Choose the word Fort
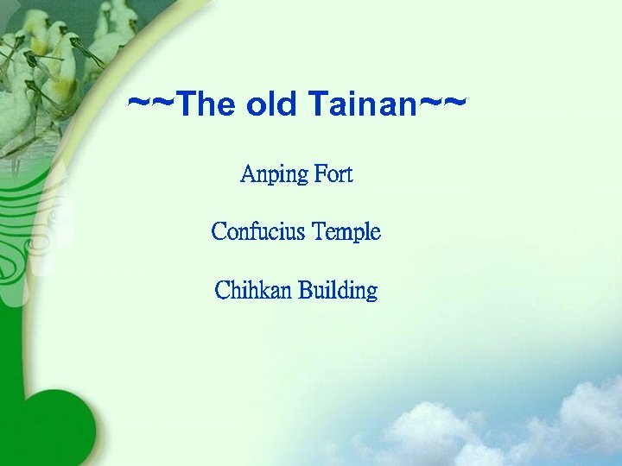[333, 174]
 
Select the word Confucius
[258, 232]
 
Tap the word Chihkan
[253, 291]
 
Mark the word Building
[338, 291]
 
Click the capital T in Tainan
[319, 105]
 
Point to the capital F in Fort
[320, 174]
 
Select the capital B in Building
[305, 291]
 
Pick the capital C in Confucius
[219, 232]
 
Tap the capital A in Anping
[247, 174]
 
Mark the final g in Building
[371, 293]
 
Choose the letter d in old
[293, 105]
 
